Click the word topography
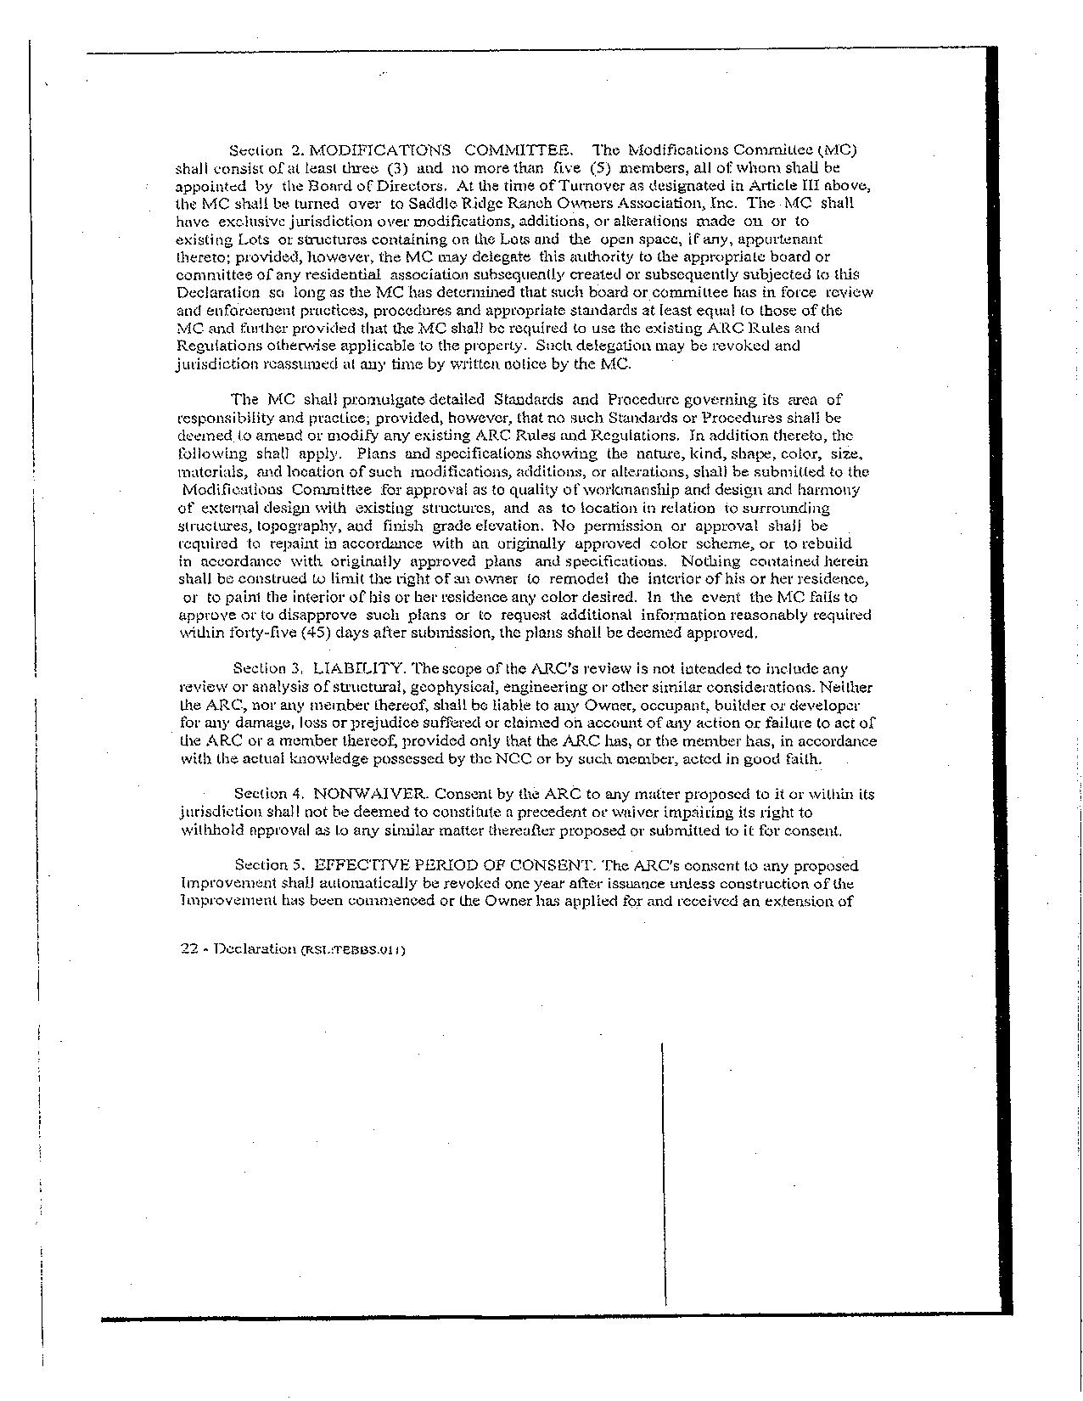coord(289,526)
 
